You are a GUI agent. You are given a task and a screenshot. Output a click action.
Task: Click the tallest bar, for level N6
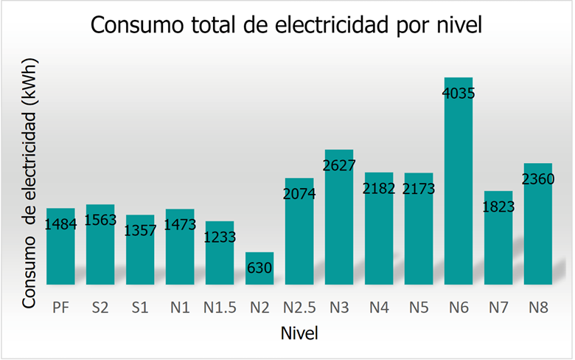pyautogui.click(x=458, y=184)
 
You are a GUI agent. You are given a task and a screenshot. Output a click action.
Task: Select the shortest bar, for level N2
pyautogui.click(x=259, y=277)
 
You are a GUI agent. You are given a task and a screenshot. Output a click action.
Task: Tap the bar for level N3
pyautogui.click(x=338, y=221)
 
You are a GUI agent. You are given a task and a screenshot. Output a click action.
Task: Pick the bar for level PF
pyautogui.click(x=60, y=255)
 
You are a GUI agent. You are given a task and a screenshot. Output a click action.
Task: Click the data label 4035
pyautogui.click(x=458, y=94)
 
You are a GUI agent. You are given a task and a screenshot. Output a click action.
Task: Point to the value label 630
pyautogui.click(x=259, y=268)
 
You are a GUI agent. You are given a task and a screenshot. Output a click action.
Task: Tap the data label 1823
pyautogui.click(x=498, y=207)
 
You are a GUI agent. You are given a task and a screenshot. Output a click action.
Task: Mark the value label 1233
pyautogui.click(x=219, y=238)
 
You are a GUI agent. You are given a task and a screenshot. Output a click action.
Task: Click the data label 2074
pyautogui.click(x=299, y=195)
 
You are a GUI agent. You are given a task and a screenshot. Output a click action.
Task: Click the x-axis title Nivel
pyautogui.click(x=299, y=333)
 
